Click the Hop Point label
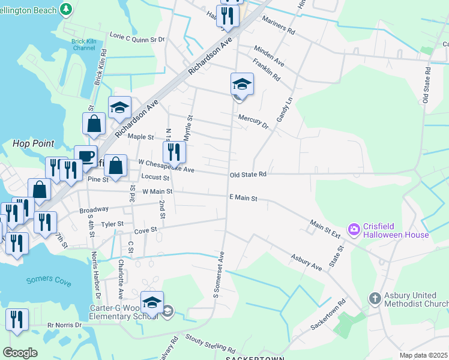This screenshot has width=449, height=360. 33,144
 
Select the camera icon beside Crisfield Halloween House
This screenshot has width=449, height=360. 354,229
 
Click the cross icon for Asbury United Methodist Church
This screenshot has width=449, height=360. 375,298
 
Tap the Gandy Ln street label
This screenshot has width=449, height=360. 284,110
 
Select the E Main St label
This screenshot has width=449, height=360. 243,197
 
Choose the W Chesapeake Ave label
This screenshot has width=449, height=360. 166,166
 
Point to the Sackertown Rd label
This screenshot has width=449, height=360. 329,317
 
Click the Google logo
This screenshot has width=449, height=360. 20,353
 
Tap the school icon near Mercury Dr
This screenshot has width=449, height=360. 242,83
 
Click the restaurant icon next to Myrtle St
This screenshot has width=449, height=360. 174,151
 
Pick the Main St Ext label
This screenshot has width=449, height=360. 325,229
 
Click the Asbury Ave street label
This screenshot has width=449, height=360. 306,262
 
